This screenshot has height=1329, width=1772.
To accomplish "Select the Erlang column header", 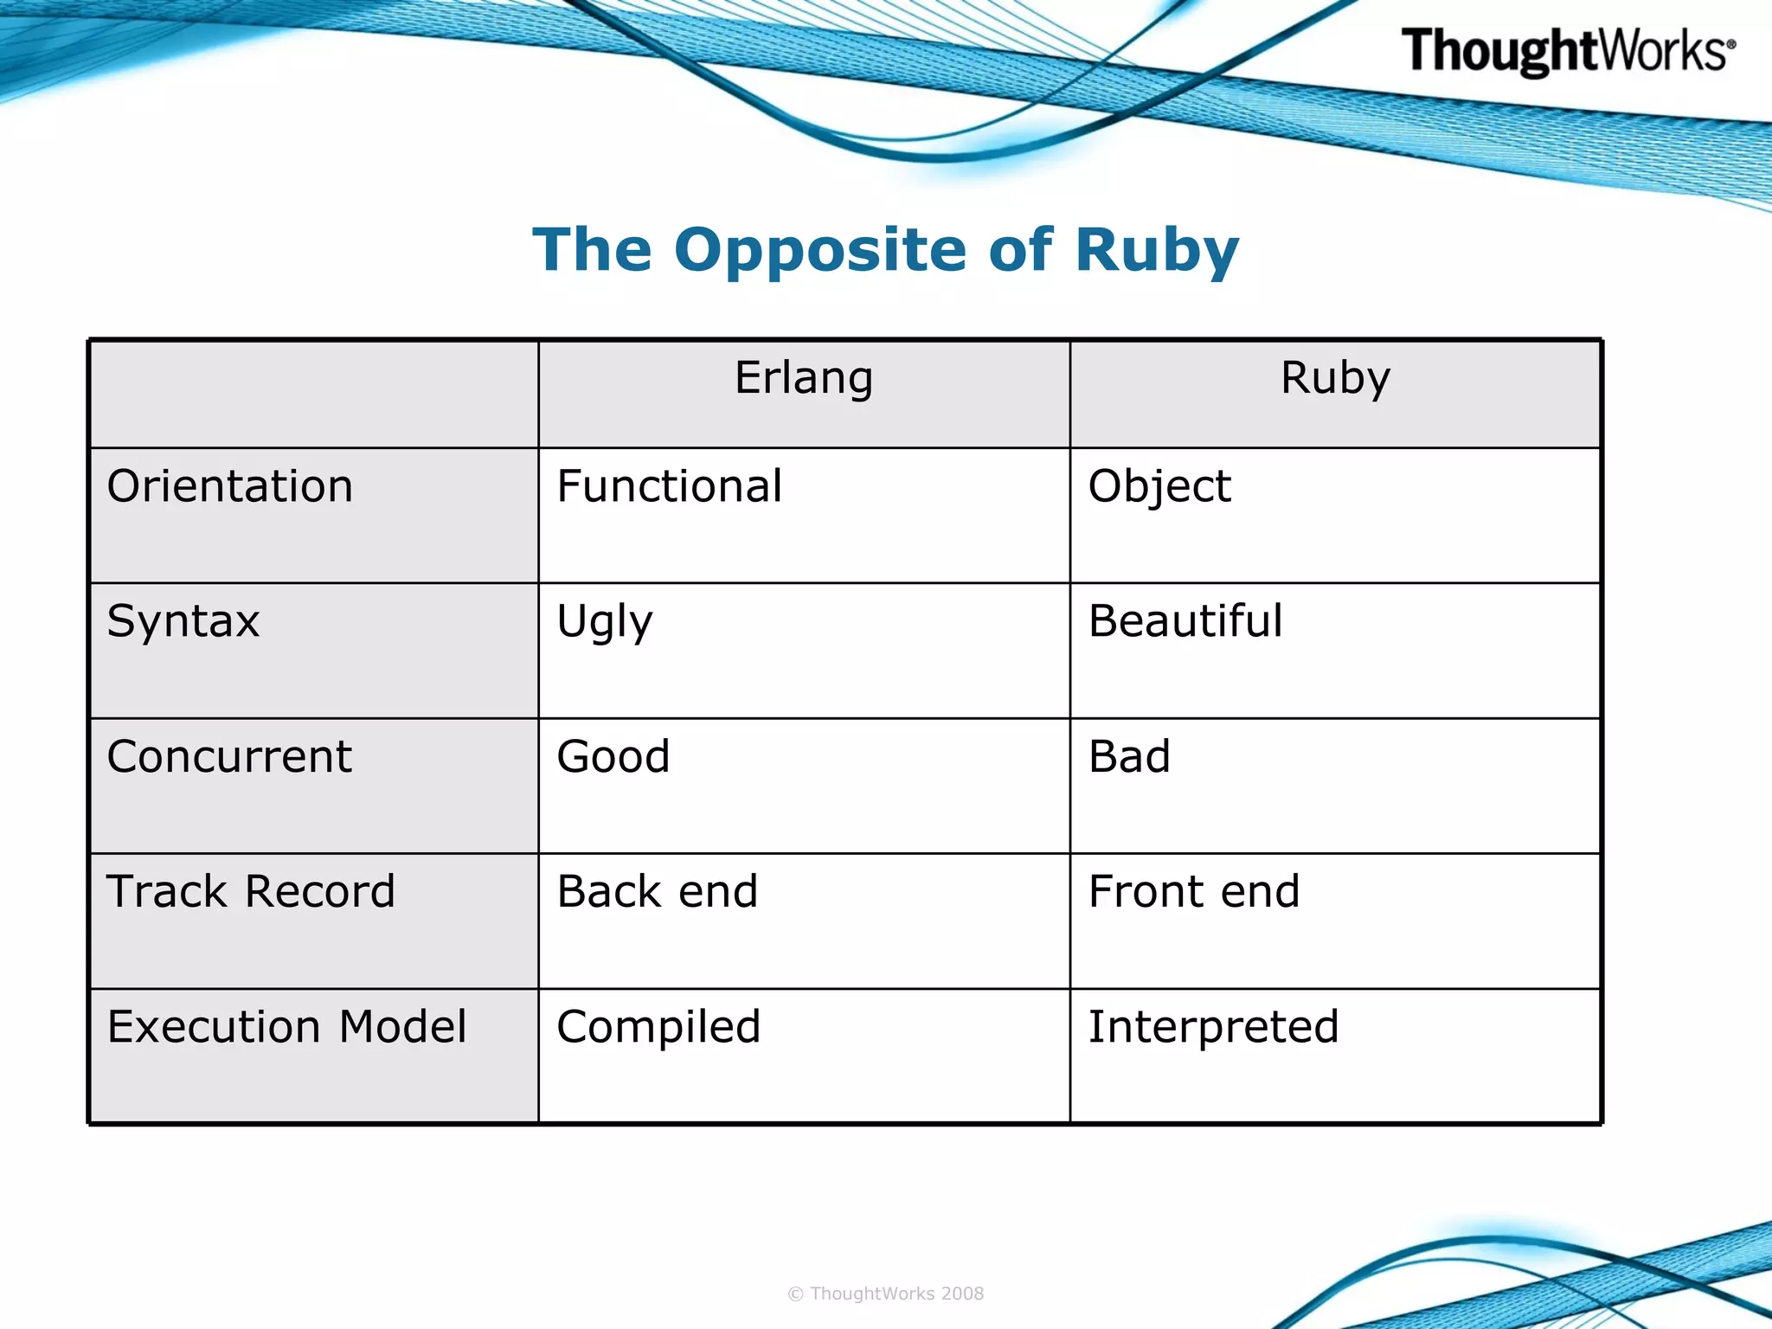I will [x=804, y=378].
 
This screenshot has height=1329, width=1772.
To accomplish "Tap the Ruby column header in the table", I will [x=1335, y=378].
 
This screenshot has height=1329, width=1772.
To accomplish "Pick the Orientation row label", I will [x=230, y=486].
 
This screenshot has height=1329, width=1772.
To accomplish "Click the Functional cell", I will [x=669, y=486].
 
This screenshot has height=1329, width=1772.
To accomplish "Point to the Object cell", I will [x=1159, y=486].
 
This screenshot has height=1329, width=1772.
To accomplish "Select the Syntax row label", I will [x=183, y=621].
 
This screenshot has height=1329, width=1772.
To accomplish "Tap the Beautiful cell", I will [x=1185, y=621].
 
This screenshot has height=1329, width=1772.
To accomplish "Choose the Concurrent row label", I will [x=229, y=756].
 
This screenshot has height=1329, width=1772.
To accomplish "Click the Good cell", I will [x=613, y=756].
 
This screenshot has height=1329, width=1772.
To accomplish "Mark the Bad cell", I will [x=1129, y=756].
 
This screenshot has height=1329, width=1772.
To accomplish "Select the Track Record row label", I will [x=251, y=891].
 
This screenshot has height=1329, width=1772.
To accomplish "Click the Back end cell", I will [x=657, y=891].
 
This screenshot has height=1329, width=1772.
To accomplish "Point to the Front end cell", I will [x=1194, y=891].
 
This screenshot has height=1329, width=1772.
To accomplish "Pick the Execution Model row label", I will [x=286, y=1027].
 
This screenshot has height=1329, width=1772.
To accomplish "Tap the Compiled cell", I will [x=658, y=1028].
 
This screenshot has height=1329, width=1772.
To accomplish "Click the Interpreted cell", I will [x=1213, y=1028].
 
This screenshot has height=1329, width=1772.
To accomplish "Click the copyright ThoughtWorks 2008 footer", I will [x=886, y=1294].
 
